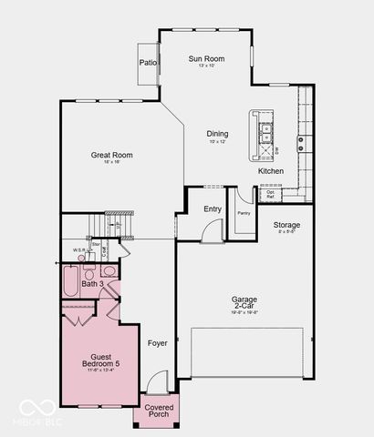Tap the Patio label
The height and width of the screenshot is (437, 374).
click(x=148, y=63)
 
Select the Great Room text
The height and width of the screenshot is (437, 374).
click(x=111, y=156)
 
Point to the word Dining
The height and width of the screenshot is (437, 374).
click(x=217, y=134)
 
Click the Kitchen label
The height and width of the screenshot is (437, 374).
click(x=271, y=171)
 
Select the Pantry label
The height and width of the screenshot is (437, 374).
click(x=243, y=213)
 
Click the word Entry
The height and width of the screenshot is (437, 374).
click(x=213, y=208)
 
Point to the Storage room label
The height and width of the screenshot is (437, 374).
click(x=286, y=225)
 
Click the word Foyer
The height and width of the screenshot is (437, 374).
click(x=158, y=343)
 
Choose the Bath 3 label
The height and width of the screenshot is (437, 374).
click(x=92, y=284)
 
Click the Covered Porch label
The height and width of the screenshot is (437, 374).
click(x=159, y=411)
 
